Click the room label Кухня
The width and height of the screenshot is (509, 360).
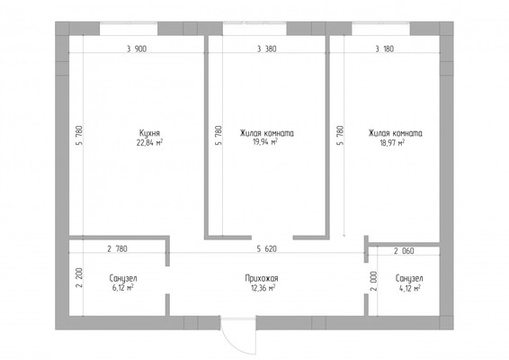coord(149,133)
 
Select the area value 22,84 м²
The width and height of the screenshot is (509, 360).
coord(149,142)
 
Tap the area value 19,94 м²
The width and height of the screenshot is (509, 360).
coord(265,141)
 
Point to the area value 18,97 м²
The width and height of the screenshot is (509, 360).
coord(392,142)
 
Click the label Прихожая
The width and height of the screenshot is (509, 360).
coord(262,278)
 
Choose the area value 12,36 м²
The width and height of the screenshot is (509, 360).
coord(263,288)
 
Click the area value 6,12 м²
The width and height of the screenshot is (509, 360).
coord(123,288)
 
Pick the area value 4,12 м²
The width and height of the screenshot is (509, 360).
coord(410,288)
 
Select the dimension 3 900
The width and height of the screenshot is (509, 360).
coord(137,49)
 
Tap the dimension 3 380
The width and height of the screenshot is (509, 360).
coord(267,49)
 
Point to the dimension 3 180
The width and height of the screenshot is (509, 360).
coord(385,49)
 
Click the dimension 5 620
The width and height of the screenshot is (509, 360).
coord(267,249)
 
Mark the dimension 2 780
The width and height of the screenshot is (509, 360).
coord(117,249)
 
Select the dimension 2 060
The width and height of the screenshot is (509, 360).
coord(404,251)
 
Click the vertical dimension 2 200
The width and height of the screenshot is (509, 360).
coord(80,277)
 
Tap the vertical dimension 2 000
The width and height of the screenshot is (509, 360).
coord(374,281)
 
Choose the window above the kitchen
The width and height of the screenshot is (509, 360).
coord(129,29)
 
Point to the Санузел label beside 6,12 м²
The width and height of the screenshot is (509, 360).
coord(123,278)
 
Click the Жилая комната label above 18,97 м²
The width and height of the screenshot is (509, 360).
coord(395,133)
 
